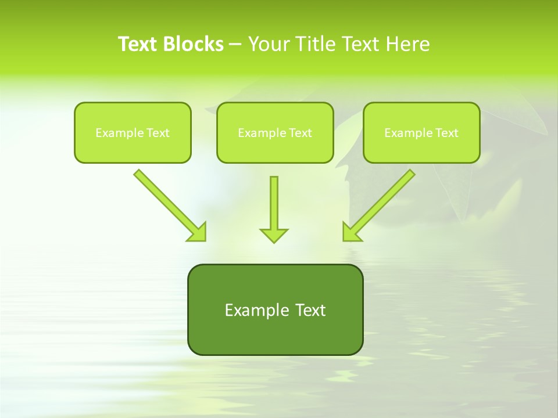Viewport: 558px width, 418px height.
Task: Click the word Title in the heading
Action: click(315, 44)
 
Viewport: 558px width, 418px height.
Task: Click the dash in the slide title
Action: click(235, 44)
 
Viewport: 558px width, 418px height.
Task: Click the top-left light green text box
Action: click(133, 132)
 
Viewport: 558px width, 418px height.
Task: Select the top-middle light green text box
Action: click(275, 132)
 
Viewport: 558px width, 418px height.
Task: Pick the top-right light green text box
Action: click(421, 132)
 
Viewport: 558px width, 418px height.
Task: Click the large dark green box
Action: click(275, 309)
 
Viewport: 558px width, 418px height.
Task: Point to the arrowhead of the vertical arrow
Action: click(274, 235)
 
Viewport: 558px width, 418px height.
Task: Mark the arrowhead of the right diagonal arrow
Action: click(350, 232)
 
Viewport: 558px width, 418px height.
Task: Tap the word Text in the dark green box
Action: click(310, 310)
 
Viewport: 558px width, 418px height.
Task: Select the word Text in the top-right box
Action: click(446, 133)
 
